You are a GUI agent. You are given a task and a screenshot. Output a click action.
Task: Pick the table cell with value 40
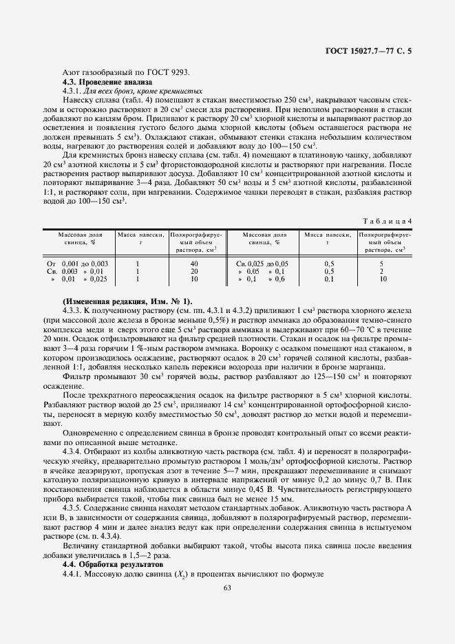[x=194, y=264]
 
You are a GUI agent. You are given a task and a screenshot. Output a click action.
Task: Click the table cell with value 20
[x=194, y=272]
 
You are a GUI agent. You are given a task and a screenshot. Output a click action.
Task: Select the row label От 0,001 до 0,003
[x=77, y=264]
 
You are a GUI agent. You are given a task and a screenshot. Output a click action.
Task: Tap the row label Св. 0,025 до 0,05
[x=262, y=264]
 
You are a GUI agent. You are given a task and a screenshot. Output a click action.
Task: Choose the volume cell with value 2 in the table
[x=381, y=272]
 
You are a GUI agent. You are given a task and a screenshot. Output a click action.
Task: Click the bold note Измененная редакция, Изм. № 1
[x=127, y=302]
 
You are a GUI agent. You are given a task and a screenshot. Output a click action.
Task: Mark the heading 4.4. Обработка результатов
[x=106, y=563]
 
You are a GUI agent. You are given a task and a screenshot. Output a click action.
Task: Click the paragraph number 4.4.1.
[x=73, y=572]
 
